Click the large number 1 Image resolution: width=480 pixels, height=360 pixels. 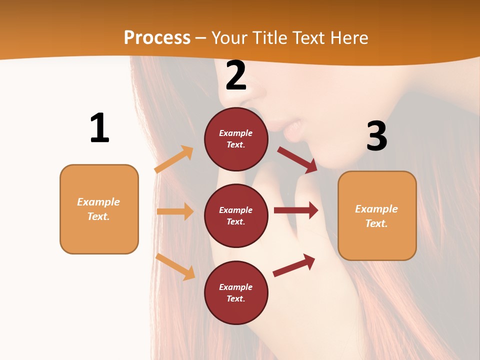99,128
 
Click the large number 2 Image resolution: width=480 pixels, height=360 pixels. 236,76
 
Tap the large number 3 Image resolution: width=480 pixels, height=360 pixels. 377,136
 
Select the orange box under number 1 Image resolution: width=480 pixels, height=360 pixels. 99,209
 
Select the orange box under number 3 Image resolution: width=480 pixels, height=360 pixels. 377,216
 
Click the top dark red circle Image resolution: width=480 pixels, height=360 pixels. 236,139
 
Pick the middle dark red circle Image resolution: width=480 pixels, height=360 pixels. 236,216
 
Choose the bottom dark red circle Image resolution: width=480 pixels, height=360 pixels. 236,293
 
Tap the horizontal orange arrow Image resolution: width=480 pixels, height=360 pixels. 175,211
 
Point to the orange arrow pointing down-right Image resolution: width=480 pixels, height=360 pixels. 176,267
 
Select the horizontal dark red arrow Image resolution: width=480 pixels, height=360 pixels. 296,210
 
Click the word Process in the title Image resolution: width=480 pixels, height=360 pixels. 157,37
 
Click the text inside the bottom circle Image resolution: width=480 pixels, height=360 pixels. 236,293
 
